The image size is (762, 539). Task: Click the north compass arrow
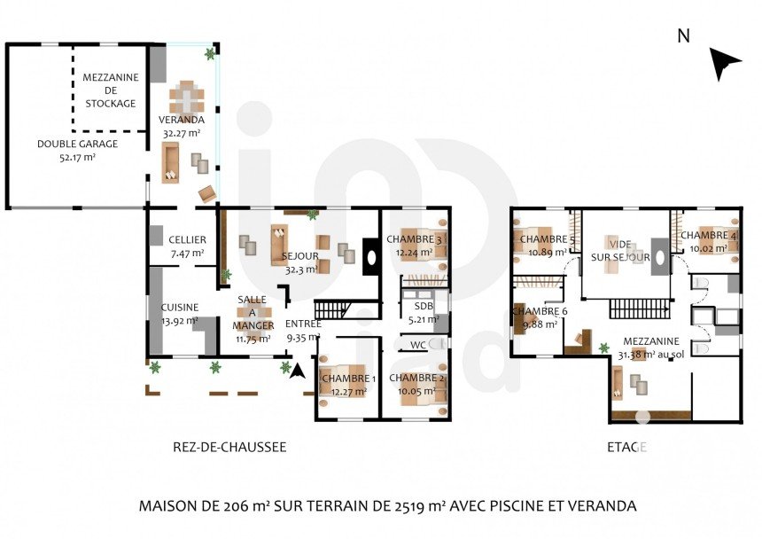point(724,63)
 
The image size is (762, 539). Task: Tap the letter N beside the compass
point(684,36)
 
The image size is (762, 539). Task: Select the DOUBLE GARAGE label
point(78,144)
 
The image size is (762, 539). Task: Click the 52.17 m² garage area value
point(77,157)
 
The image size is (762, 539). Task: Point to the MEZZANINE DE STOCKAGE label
point(111,90)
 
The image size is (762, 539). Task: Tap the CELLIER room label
point(188,239)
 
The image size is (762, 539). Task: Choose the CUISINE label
point(180,307)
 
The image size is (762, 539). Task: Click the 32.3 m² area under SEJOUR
point(301,269)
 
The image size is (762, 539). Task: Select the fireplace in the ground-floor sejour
point(370,257)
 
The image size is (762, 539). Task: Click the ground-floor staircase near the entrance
point(333,309)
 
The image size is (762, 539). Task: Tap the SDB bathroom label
point(424,306)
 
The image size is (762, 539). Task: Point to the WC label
point(418,345)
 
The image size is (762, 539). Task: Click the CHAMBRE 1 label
point(348,379)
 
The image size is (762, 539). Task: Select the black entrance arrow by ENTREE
point(298,371)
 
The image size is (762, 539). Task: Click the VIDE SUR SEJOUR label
point(620,251)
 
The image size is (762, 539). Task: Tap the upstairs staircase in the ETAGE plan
point(640,309)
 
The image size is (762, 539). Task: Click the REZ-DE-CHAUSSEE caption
point(229,447)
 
